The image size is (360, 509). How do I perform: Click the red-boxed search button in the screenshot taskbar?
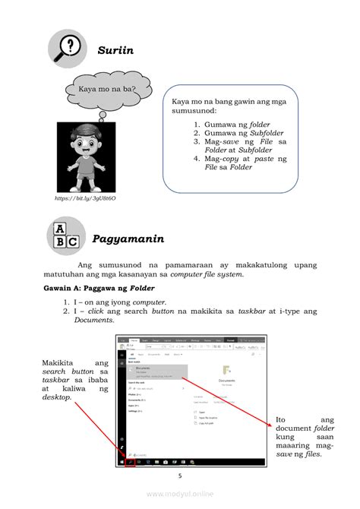point(130,462)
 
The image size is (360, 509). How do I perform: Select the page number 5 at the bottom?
point(180,476)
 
